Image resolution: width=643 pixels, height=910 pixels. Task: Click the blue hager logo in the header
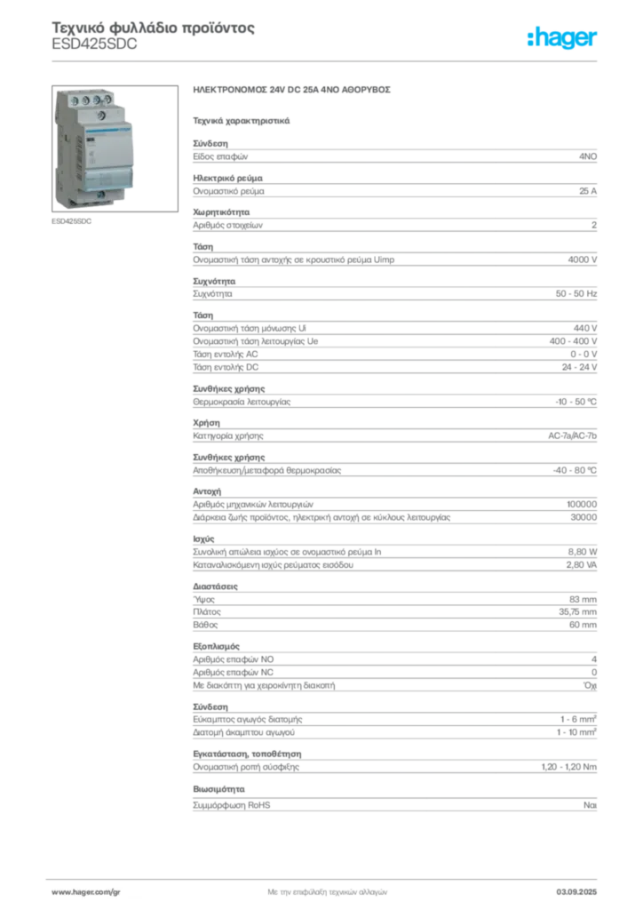(x=562, y=38)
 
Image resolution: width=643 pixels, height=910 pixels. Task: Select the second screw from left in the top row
(x=85, y=100)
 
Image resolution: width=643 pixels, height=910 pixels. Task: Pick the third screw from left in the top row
(x=97, y=100)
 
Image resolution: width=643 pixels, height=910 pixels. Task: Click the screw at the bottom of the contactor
(x=101, y=195)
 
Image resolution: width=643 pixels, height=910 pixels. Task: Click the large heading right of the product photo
(x=294, y=92)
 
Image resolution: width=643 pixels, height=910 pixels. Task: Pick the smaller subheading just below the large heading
(x=242, y=120)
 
